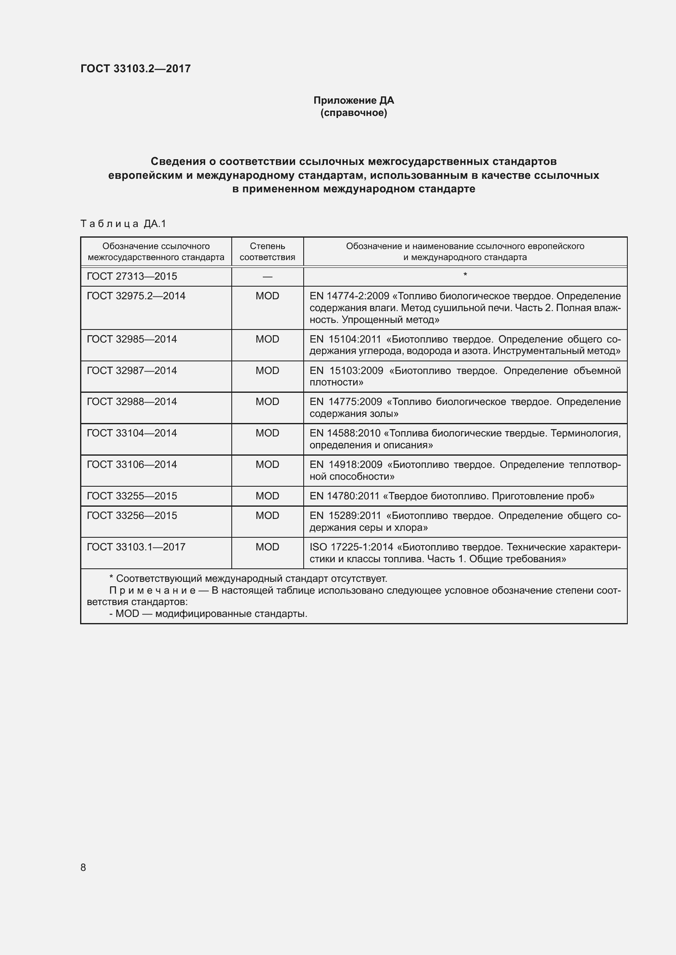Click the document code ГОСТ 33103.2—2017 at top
coord(135,69)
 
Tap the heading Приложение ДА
coord(354,100)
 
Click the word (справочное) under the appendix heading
coord(354,113)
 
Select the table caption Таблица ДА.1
coord(123,224)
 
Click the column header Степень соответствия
coord(267,252)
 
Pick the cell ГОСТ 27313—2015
coord(132,276)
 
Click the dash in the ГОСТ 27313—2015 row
coord(267,276)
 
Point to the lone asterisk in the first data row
coord(465,275)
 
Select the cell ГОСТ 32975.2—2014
coord(136,296)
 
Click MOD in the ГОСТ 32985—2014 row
coord(267,339)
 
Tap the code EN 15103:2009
coord(346,371)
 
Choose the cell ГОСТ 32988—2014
coord(132,401)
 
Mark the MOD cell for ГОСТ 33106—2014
coord(267,464)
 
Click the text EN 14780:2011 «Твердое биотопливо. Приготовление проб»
coord(452,496)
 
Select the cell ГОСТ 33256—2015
coord(132,515)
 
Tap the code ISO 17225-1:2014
coord(351,547)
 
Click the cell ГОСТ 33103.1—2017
coord(136,547)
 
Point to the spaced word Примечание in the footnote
coord(152,591)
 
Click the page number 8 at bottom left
coord(83,867)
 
